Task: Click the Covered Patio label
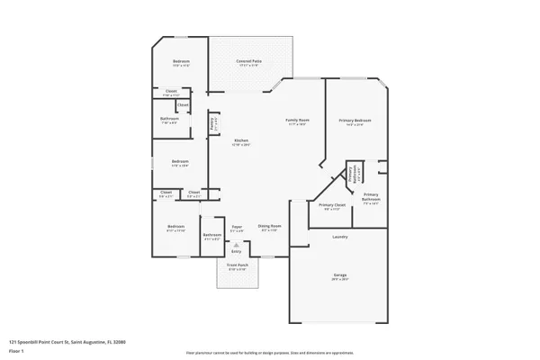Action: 248,61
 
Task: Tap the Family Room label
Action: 298,121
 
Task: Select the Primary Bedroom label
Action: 355,121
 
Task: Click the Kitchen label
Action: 241,140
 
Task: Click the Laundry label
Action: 340,237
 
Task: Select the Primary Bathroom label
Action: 371,196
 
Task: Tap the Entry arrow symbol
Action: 237,244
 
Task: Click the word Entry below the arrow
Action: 237,251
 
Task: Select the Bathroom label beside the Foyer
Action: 211,234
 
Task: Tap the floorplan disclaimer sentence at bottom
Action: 270,353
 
